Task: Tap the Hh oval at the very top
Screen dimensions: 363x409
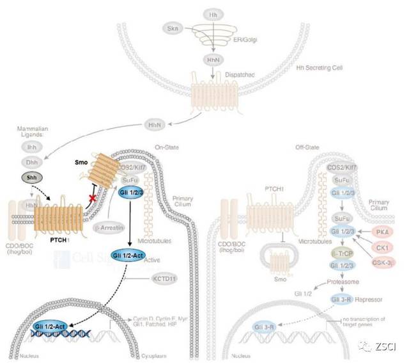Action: coord(213,13)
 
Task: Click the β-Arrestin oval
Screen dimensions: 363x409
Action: coord(110,227)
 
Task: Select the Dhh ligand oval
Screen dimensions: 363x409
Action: coord(30,163)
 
